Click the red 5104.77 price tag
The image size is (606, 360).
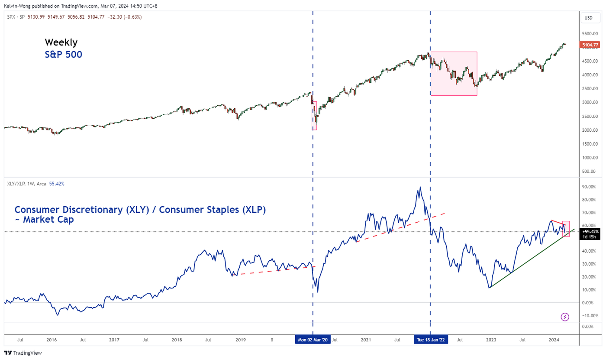click(x=589, y=45)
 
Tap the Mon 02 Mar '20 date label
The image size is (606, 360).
click(x=313, y=340)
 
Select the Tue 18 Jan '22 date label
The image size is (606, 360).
click(x=431, y=340)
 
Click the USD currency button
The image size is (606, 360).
click(x=588, y=18)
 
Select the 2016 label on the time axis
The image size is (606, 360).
click(x=52, y=340)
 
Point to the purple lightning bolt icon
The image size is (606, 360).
click(x=565, y=317)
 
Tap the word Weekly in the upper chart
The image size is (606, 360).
click(x=61, y=42)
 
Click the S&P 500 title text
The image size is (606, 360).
click(x=63, y=55)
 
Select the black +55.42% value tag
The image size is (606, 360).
click(x=590, y=231)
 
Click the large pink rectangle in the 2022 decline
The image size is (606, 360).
click(x=454, y=74)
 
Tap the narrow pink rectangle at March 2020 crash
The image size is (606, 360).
click(x=314, y=116)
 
